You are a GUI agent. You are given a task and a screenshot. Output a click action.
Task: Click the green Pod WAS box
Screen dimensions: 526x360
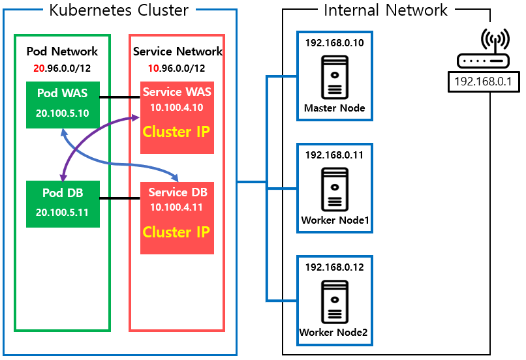63,105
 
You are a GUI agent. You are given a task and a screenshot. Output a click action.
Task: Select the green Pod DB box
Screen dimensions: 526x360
63,204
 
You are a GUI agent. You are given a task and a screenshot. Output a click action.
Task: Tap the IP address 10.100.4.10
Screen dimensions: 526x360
176,107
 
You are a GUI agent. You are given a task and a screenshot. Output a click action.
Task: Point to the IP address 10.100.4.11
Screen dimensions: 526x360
176,207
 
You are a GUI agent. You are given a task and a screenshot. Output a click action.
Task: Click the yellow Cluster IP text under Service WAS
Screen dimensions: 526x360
176,132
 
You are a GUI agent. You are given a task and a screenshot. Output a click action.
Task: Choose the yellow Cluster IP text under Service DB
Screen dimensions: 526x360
176,232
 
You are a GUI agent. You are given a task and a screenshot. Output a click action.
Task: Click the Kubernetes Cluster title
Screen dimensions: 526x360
119,10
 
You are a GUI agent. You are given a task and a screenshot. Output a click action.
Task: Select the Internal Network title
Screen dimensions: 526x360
386,10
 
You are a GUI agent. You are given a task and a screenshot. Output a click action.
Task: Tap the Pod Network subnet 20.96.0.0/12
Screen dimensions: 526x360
62,68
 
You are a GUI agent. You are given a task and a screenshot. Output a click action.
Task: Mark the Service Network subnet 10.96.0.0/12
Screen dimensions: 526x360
176,68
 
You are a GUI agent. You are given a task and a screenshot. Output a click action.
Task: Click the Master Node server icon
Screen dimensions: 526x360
335,78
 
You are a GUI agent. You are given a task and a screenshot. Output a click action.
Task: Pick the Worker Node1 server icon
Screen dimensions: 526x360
335,189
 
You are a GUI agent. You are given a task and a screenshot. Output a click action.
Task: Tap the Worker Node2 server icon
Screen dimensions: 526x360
335,302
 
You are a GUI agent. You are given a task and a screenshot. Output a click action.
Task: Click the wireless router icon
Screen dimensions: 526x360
484,49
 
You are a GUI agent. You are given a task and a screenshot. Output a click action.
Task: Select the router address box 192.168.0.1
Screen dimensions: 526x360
484,82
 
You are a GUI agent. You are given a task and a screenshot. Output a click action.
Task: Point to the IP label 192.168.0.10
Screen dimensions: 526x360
334,43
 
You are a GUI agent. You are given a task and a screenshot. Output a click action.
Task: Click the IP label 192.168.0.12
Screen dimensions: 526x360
334,267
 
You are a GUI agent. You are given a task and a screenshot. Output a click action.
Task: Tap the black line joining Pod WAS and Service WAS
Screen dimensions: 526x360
120,97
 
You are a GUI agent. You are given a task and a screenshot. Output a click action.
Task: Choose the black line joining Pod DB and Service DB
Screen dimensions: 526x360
120,198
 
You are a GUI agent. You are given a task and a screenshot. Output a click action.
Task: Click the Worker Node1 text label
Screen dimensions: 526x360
335,220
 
